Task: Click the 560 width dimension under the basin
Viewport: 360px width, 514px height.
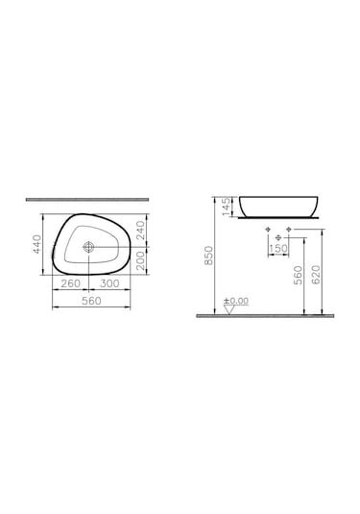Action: click(x=91, y=301)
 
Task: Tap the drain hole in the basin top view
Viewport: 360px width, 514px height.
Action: click(x=89, y=247)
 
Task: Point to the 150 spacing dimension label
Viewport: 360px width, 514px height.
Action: click(x=278, y=249)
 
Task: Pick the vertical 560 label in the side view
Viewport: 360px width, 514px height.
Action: click(x=299, y=276)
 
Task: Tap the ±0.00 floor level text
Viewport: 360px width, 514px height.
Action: click(x=235, y=301)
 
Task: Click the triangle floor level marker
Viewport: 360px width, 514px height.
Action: click(x=227, y=308)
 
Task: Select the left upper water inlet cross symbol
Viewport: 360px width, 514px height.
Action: click(x=269, y=231)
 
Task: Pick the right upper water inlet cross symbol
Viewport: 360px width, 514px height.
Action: click(x=289, y=231)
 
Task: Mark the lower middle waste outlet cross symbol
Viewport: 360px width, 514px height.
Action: click(x=278, y=238)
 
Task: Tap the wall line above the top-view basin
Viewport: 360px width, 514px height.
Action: click(x=91, y=200)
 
